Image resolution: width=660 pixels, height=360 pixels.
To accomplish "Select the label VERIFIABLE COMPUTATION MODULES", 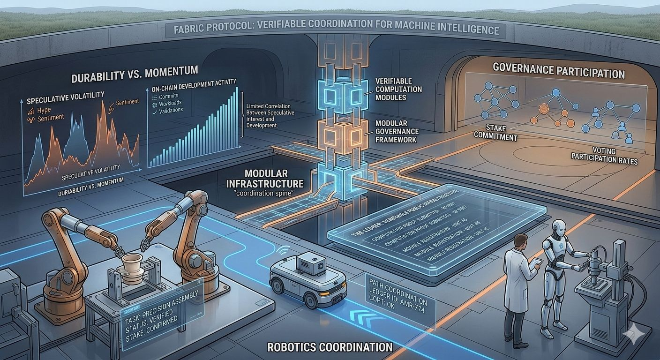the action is click(398, 89).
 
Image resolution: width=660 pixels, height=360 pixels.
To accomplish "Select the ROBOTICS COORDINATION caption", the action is click(330, 347).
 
